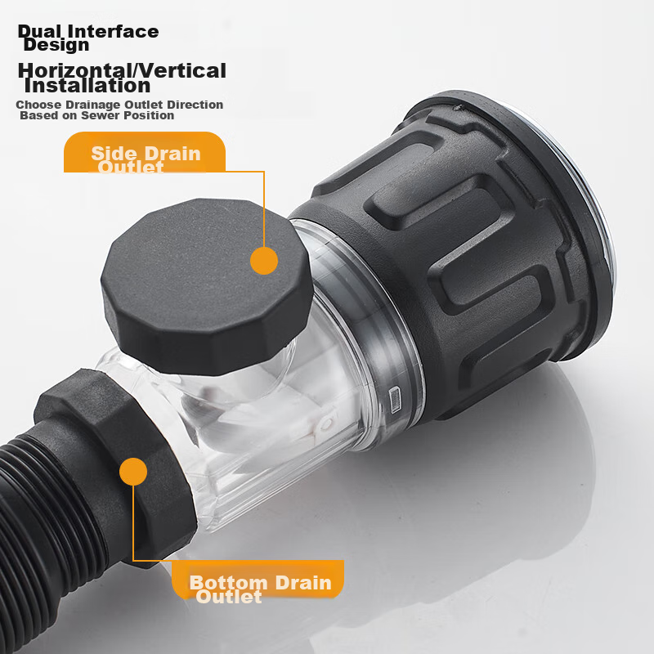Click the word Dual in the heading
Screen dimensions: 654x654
coord(39,32)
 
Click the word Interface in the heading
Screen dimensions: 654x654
coord(113,32)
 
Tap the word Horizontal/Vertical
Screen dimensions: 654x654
coord(122,71)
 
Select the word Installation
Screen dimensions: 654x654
coord(87,86)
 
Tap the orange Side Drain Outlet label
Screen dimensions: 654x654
coord(145,152)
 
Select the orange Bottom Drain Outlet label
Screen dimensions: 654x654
coord(258,580)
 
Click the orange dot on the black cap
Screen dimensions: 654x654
coord(264,261)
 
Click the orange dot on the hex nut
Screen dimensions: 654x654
coord(133,472)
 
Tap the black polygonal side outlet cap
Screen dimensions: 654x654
coord(207,284)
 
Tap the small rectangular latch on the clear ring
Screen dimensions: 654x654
coord(395,400)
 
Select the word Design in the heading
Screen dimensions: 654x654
coord(56,45)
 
